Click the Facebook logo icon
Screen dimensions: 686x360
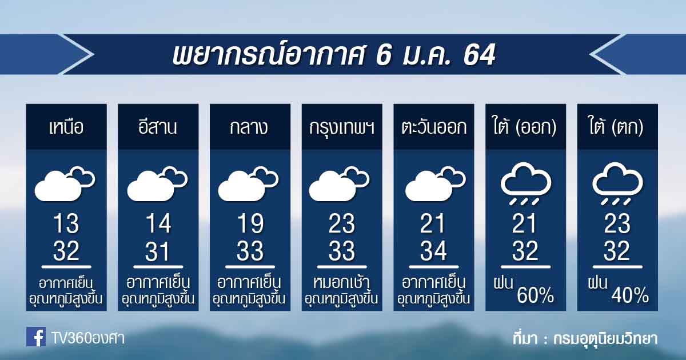click(x=36, y=337)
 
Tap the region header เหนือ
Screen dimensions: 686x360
click(x=66, y=127)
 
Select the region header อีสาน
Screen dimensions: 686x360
click(x=158, y=127)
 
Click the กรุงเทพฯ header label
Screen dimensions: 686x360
click(x=342, y=127)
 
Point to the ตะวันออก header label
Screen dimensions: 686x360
click(x=434, y=127)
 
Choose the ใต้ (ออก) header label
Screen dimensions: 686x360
click(x=525, y=126)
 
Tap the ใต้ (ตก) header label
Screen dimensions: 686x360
click(x=617, y=126)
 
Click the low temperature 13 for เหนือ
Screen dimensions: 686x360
click(x=66, y=223)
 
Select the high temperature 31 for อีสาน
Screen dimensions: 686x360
click(x=158, y=251)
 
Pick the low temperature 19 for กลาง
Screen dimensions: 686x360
click(x=250, y=223)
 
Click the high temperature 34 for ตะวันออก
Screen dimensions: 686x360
click(x=434, y=251)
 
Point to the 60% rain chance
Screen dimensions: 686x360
click(x=535, y=295)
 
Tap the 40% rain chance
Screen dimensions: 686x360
click(x=630, y=295)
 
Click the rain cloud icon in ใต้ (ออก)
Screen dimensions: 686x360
click(x=526, y=183)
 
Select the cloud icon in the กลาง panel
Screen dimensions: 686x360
click(x=248, y=183)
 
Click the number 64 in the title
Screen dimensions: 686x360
click(x=480, y=54)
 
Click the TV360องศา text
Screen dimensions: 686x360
click(x=88, y=338)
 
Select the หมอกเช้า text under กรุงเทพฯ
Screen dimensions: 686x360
click(x=341, y=282)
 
